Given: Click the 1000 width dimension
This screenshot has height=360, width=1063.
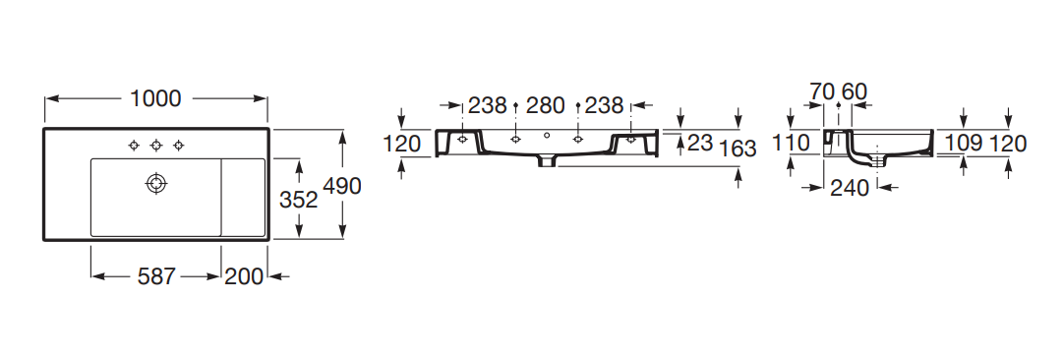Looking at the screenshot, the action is (156, 99).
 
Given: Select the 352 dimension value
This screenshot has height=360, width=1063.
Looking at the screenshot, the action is (299, 200).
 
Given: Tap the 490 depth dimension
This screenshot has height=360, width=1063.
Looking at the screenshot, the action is (342, 186).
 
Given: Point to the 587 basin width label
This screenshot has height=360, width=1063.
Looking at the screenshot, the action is (156, 276).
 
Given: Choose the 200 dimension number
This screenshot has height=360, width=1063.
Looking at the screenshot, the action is (243, 276).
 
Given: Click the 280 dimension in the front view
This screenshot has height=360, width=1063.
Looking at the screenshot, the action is (546, 106).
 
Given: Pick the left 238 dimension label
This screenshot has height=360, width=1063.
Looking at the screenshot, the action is (488, 106).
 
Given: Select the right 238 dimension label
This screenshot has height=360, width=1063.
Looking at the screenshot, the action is (604, 106).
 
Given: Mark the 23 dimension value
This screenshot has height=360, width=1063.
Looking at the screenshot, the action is (700, 143).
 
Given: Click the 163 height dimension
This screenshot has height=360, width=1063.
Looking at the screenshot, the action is (737, 148).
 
